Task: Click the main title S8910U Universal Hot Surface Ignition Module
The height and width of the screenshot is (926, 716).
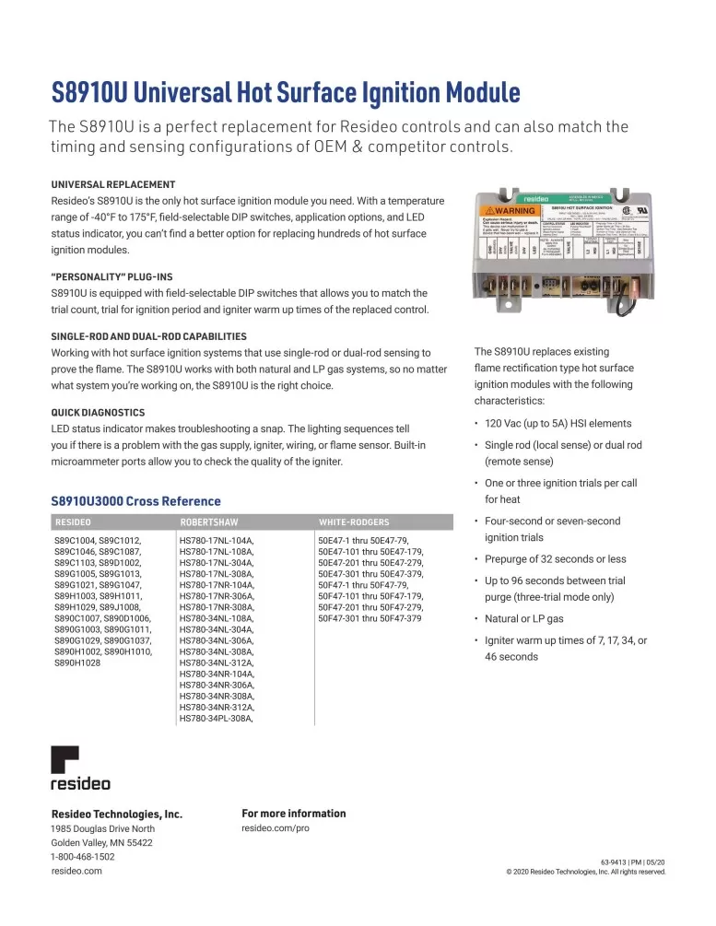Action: coord(286,93)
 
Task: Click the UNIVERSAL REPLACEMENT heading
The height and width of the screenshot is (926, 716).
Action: coord(113,184)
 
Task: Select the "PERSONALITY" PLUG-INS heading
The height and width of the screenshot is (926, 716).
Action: coord(112,276)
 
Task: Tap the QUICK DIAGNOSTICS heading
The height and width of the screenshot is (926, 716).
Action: coord(98,412)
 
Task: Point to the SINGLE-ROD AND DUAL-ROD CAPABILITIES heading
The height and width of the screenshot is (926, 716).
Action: coord(149,336)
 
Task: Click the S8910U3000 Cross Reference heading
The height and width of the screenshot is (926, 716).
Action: coord(135,501)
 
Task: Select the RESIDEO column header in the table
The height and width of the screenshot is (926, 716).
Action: coord(73,522)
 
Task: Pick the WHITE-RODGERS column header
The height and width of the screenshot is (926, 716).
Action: coord(353,522)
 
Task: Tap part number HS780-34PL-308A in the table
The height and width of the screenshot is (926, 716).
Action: coord(217,717)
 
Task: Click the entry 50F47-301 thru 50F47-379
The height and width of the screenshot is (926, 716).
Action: coord(369,618)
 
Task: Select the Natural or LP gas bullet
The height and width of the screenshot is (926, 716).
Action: coord(523,618)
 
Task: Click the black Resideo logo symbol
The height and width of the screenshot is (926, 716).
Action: coord(65,760)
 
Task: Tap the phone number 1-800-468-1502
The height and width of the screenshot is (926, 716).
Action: coord(83,856)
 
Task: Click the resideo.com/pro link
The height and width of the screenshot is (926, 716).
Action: coord(275,829)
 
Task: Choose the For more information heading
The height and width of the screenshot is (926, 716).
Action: coord(293,814)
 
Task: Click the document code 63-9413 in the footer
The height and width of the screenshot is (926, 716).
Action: coord(616,860)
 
